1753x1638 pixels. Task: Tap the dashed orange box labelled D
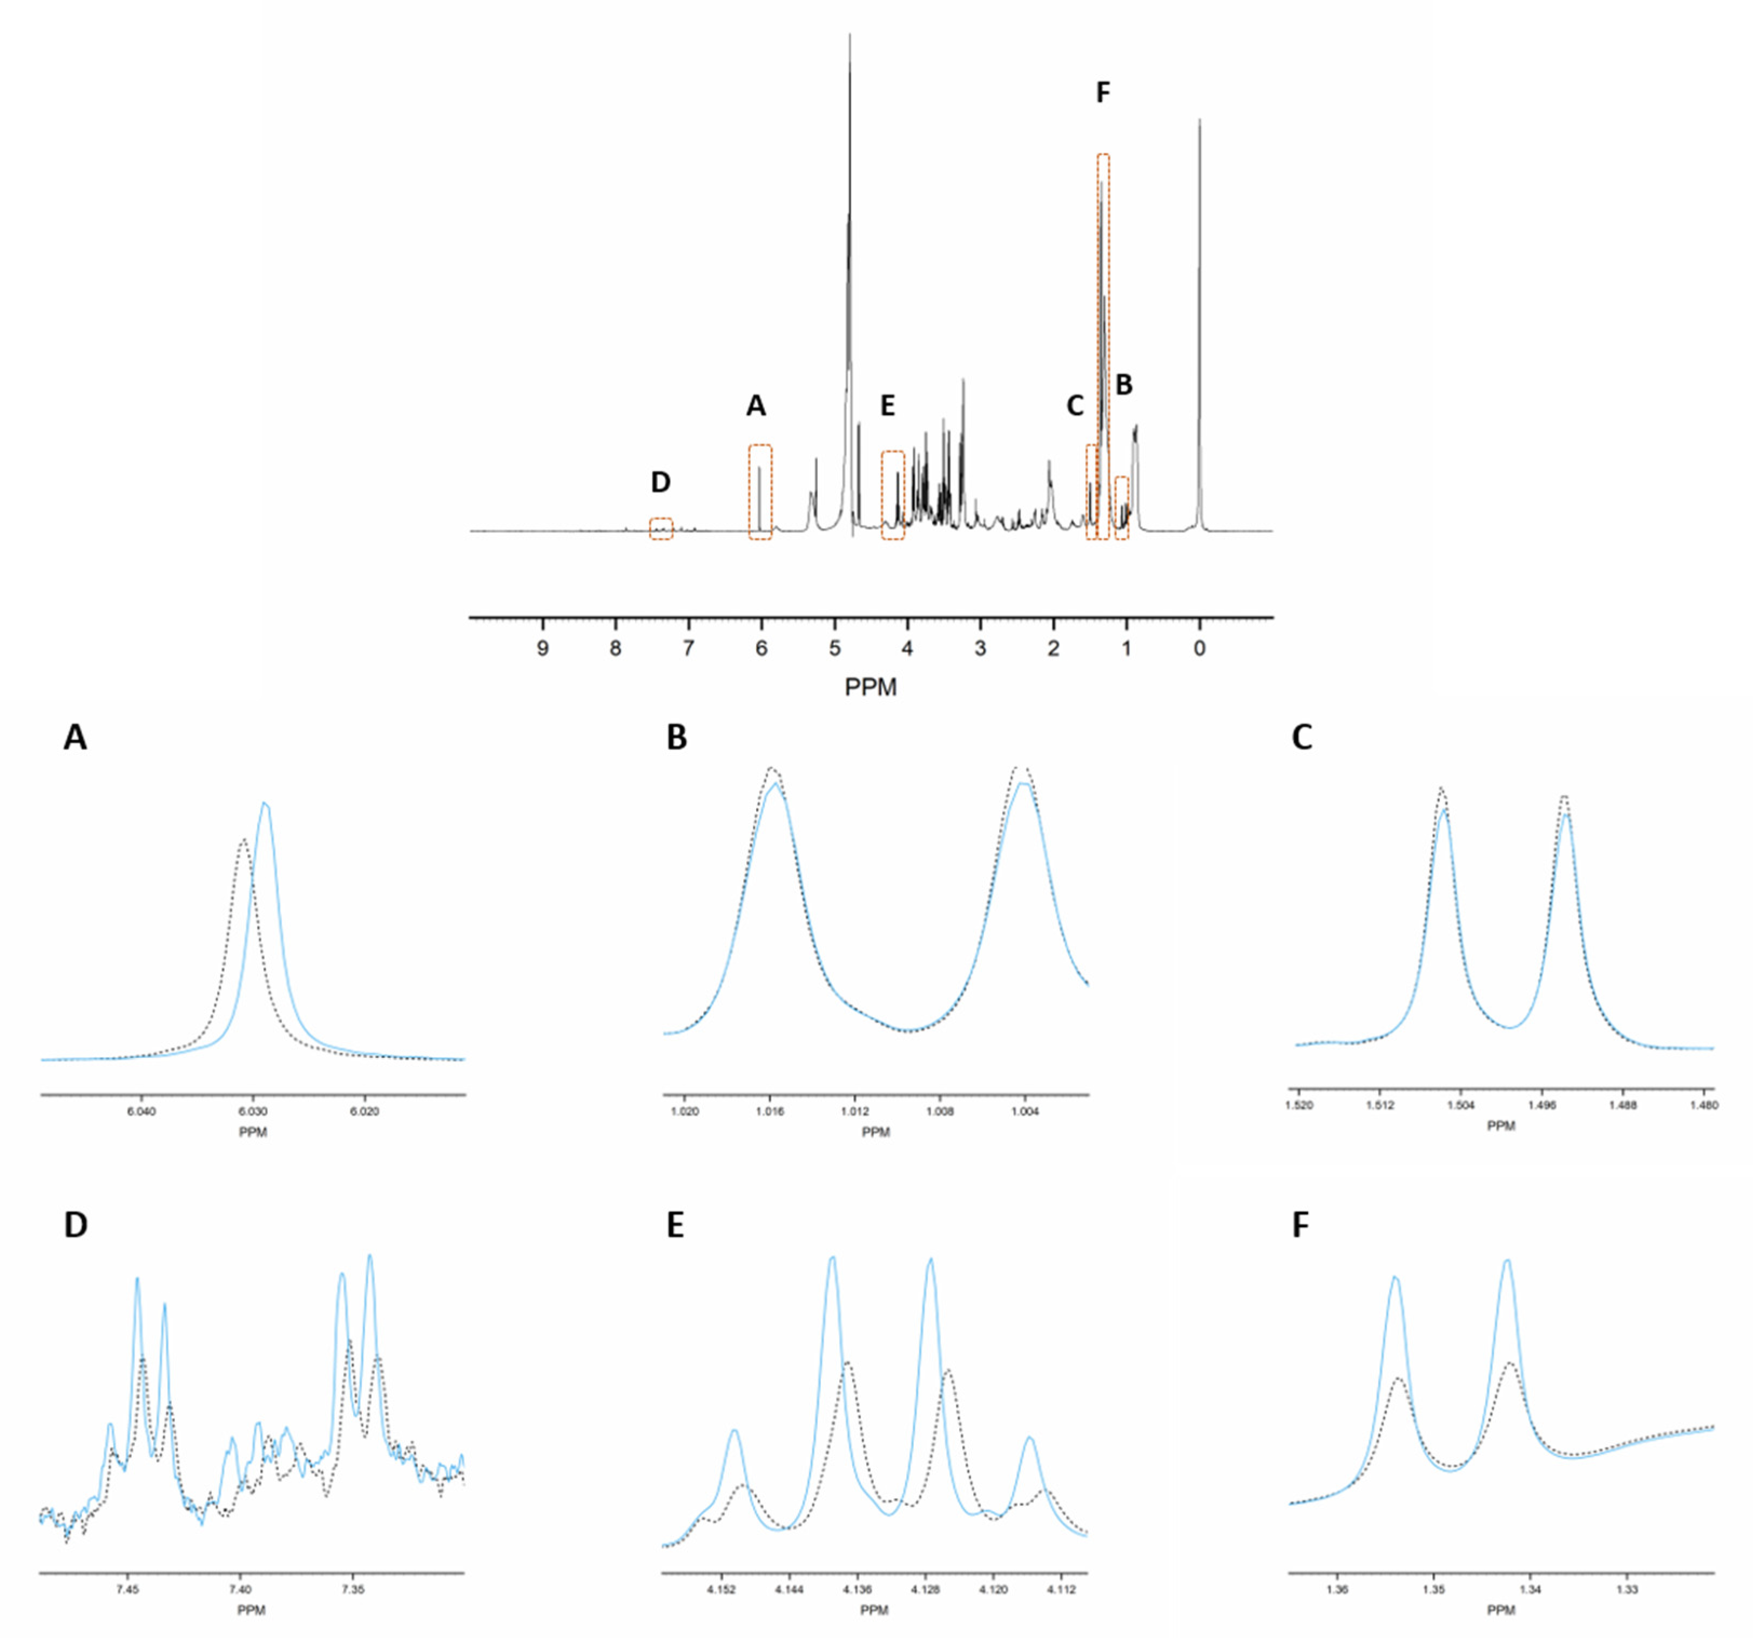(660, 528)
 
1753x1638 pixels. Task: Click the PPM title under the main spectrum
(871, 687)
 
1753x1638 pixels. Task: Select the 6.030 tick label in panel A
(253, 1111)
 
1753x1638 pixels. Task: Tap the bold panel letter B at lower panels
(676, 738)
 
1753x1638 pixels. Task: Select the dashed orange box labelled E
(892, 495)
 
